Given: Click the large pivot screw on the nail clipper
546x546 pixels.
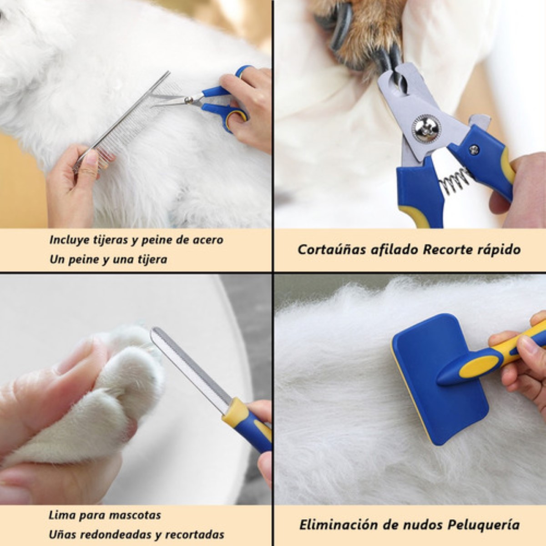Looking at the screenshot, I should click(426, 129).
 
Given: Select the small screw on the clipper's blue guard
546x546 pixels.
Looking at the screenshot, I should click(474, 149).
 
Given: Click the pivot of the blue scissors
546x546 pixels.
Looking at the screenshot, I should click(189, 99).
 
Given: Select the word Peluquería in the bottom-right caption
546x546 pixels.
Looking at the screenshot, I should click(483, 525).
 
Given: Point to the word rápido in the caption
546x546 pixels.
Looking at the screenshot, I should click(499, 250).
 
